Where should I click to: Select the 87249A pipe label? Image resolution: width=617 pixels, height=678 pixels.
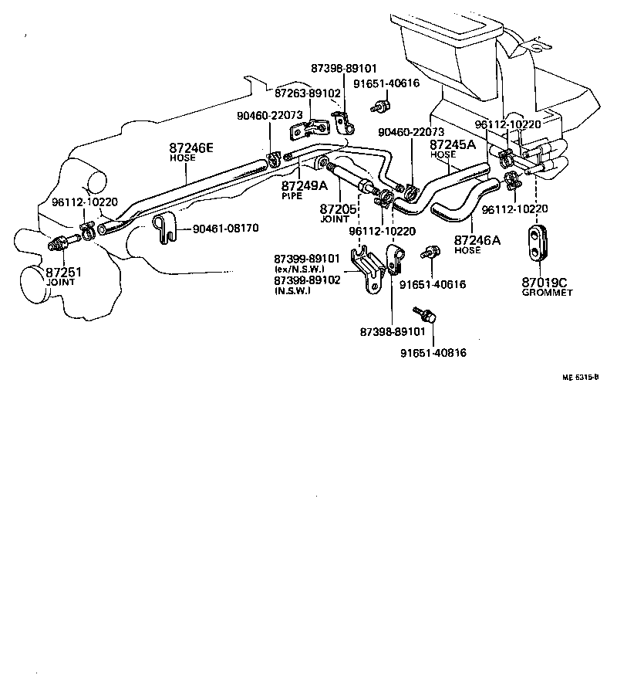[304, 186]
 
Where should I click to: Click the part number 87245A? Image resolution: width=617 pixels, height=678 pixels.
[452, 144]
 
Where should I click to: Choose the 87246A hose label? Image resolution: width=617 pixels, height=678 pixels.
[477, 240]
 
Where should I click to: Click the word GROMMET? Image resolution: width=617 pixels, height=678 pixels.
[547, 293]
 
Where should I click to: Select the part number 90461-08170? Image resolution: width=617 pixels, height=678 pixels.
[225, 229]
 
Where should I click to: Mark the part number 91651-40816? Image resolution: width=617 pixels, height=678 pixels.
[433, 353]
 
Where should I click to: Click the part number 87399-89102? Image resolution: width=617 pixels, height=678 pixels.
[307, 280]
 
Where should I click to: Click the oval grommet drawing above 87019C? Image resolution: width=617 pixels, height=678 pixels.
[538, 240]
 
